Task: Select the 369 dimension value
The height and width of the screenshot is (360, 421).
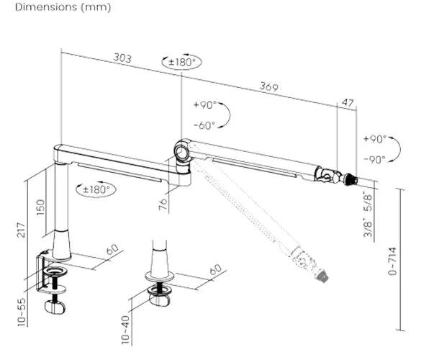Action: [269, 88]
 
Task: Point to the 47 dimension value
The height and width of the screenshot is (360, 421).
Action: [348, 103]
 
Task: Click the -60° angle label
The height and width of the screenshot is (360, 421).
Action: [204, 125]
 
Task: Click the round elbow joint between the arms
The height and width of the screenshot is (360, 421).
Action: [181, 152]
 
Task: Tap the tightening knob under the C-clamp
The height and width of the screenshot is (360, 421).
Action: [54, 306]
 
